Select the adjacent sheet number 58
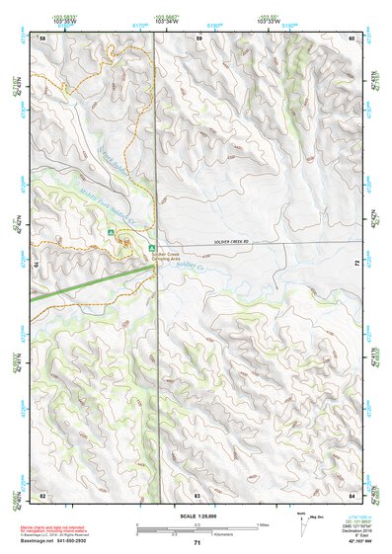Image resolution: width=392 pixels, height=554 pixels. pyautogui.click(x=41, y=37)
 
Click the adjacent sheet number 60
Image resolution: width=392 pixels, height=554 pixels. pyautogui.click(x=353, y=37)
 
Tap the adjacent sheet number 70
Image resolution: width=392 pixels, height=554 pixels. pyautogui.click(x=39, y=264)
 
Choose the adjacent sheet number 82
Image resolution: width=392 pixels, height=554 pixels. pyautogui.click(x=41, y=493)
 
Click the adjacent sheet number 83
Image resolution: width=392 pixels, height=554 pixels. pyautogui.click(x=197, y=493)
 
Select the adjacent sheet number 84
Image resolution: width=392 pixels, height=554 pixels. pyautogui.click(x=353, y=493)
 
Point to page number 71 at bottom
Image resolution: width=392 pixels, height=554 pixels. pyautogui.click(x=197, y=542)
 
